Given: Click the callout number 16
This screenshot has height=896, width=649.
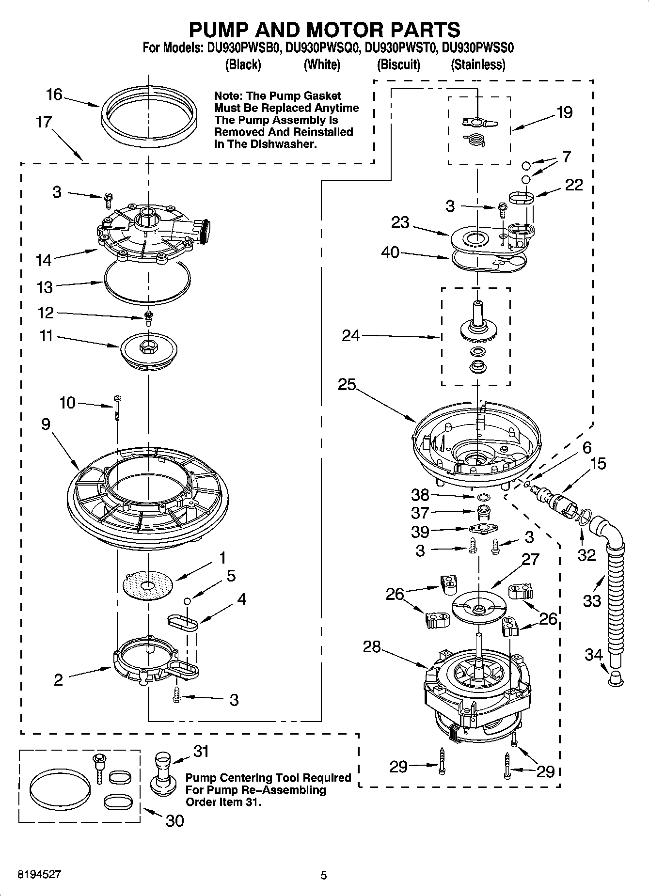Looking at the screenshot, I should (54, 94).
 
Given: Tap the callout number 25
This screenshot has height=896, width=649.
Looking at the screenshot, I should (347, 385).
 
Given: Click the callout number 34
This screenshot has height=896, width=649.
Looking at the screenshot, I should (593, 655).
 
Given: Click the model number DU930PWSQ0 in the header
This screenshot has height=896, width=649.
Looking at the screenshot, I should (322, 48).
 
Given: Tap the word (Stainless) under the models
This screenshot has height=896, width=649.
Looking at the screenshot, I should (478, 64).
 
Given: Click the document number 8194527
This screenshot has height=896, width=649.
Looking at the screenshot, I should (39, 875).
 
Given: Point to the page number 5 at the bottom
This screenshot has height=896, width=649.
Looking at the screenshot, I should (324, 875).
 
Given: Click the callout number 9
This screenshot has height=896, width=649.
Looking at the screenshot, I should (46, 424).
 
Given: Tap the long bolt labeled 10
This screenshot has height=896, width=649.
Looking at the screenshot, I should (118, 408).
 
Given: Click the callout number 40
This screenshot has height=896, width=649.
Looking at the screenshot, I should (390, 252).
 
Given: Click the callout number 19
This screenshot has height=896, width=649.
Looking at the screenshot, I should (564, 112).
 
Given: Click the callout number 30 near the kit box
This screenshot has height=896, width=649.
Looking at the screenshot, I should (175, 820).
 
